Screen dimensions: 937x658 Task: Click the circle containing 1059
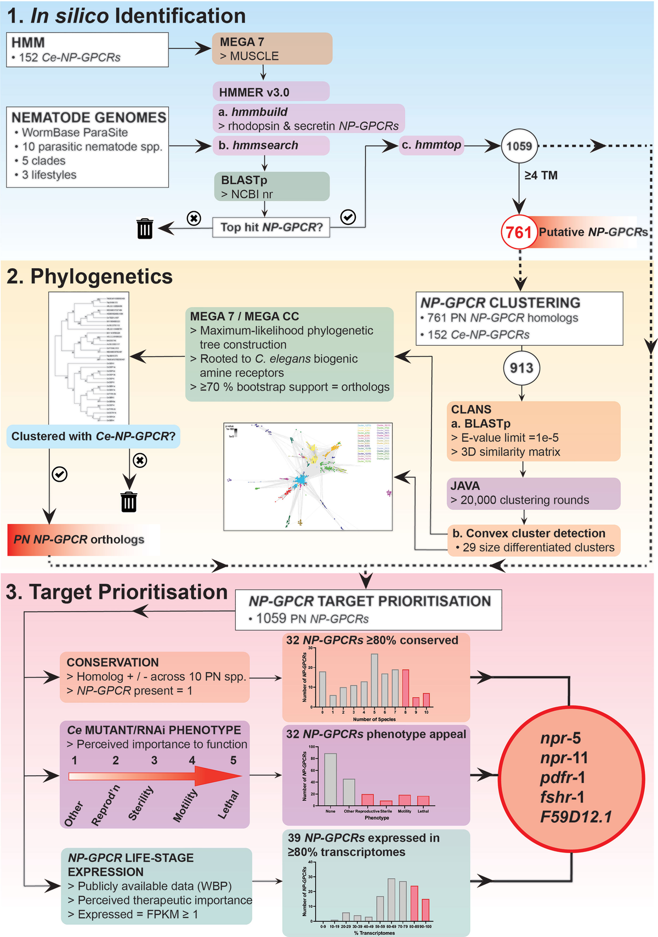tap(519, 146)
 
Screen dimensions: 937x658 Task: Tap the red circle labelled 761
tap(518, 232)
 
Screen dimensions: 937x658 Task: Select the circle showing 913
tap(521, 368)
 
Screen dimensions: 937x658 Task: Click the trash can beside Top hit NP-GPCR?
tap(145, 228)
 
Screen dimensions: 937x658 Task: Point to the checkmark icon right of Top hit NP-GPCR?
tap(348, 217)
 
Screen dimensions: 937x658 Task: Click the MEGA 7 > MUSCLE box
tap(272, 49)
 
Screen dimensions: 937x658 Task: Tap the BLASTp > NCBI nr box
tap(271, 187)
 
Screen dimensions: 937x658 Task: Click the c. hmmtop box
tap(431, 145)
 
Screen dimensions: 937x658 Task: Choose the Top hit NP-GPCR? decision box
tap(271, 227)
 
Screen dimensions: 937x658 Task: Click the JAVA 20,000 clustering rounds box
tap(534, 493)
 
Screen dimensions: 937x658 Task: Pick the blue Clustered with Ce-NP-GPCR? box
tap(93, 436)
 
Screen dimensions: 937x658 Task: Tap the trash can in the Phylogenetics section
tap(129, 501)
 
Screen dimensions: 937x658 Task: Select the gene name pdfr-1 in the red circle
tap(563, 777)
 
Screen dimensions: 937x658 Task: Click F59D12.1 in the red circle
tap(575, 817)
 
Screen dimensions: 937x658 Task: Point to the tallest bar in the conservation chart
tap(375, 680)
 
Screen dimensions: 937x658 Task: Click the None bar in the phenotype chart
tap(330, 779)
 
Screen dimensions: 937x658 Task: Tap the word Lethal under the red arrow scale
tap(229, 805)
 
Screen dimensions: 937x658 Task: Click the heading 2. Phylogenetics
tap(89, 276)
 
